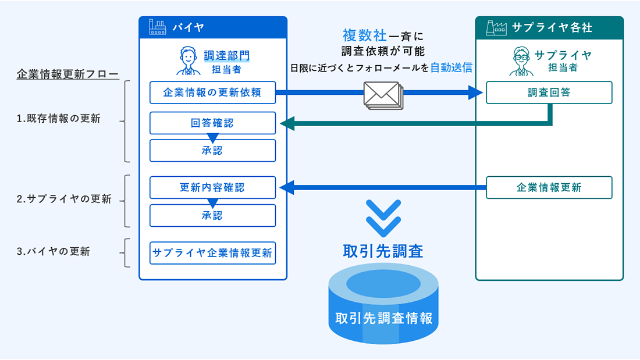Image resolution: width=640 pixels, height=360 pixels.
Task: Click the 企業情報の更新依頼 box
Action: pyautogui.click(x=212, y=92)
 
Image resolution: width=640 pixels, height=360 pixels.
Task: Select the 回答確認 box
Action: pyautogui.click(x=212, y=123)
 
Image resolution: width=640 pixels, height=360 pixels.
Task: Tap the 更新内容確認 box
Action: pyautogui.click(x=212, y=187)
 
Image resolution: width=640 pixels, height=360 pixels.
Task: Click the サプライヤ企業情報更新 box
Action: pyautogui.click(x=212, y=253)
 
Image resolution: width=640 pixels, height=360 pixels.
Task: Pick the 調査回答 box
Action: pyautogui.click(x=549, y=92)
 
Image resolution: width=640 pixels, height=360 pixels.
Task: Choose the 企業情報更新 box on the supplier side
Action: pyautogui.click(x=549, y=187)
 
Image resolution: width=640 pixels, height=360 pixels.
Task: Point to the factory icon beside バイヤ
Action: pyautogui.click(x=157, y=27)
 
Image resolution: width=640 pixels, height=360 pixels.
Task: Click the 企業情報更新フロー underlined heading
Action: pyautogui.click(x=67, y=74)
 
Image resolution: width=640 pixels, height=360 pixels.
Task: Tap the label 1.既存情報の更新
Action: pyautogui.click(x=58, y=119)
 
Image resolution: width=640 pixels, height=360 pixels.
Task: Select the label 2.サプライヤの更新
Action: pyautogui.click(x=63, y=199)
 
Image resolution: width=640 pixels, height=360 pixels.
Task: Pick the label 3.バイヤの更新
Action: pyautogui.click(x=53, y=252)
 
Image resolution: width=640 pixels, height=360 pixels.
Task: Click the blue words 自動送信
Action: pyautogui.click(x=451, y=67)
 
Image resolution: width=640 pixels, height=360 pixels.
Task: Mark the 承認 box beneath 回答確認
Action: pyautogui.click(x=212, y=151)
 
